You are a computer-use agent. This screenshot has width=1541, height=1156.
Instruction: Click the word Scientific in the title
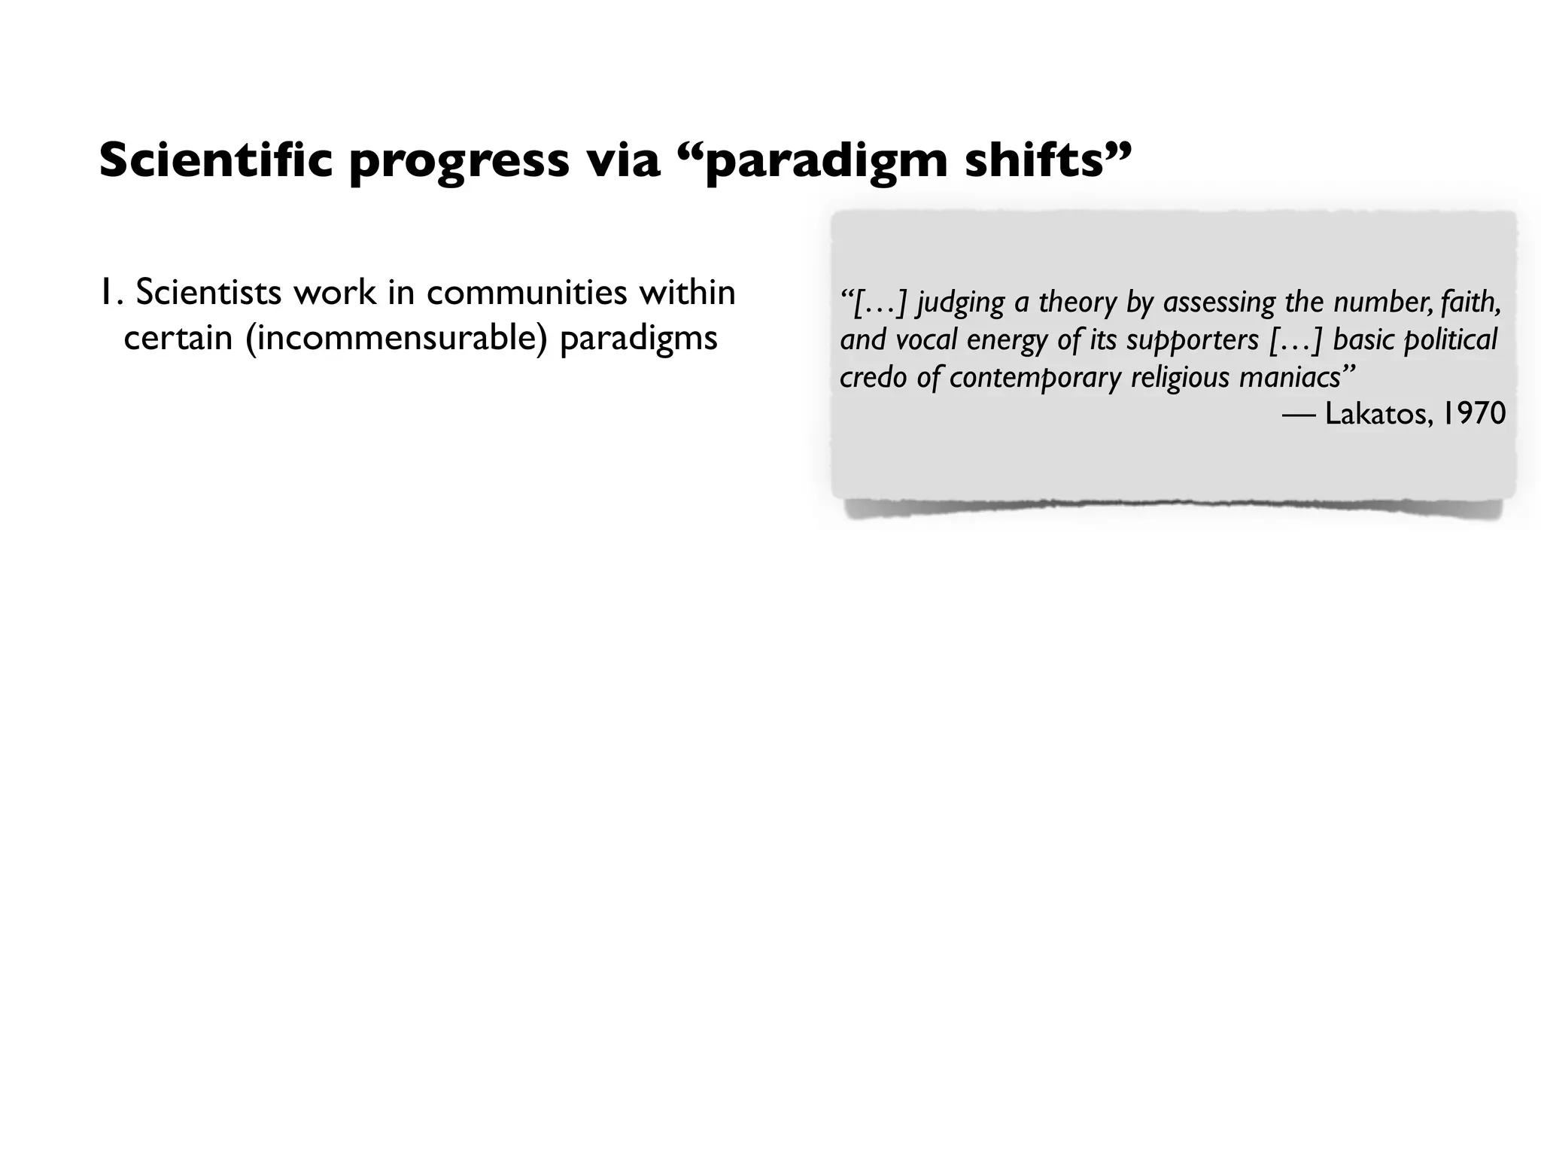[215, 160]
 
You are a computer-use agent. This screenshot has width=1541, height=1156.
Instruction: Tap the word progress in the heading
[459, 162]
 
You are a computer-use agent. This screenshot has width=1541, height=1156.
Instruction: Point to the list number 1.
[109, 293]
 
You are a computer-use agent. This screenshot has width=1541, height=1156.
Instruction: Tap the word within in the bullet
[687, 293]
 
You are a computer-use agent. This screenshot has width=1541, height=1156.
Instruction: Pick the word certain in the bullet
[178, 339]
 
